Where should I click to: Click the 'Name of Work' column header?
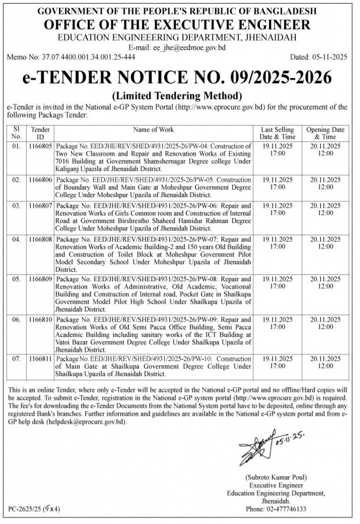point(153,130)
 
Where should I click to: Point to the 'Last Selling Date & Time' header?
point(277,133)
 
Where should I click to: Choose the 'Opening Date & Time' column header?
point(325,133)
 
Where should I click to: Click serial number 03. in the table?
point(16,205)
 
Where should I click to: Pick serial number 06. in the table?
point(16,319)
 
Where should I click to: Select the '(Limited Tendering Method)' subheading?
point(177,96)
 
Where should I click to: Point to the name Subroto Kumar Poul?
point(276,477)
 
